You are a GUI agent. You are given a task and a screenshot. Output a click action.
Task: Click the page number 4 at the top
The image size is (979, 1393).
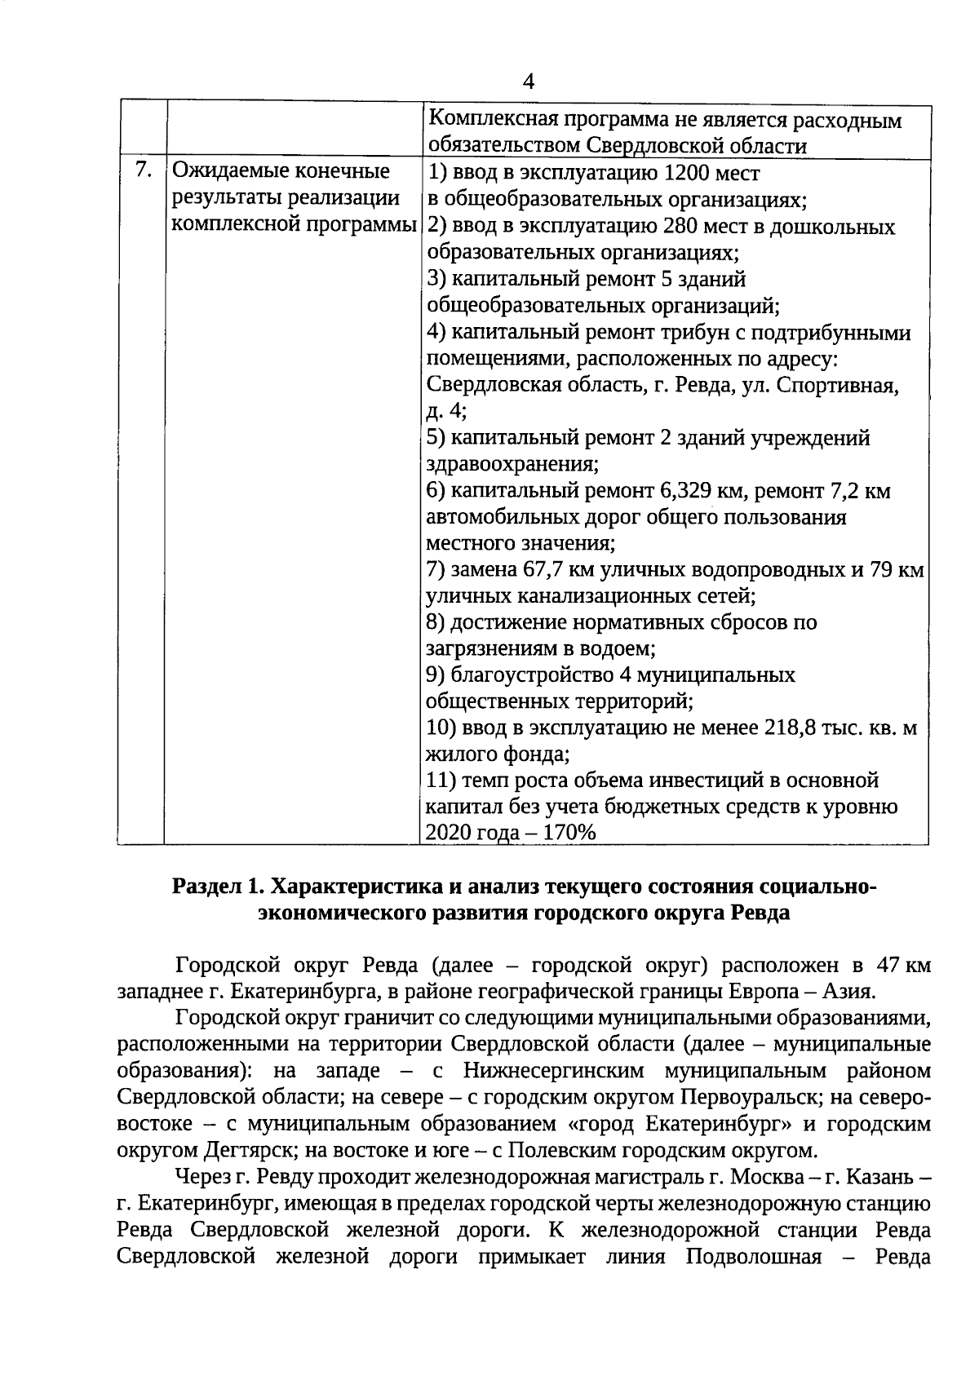click(529, 82)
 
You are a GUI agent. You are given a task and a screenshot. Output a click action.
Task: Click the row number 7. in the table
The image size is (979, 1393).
click(144, 172)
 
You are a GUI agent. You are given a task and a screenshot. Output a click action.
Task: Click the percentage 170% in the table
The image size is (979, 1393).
click(565, 833)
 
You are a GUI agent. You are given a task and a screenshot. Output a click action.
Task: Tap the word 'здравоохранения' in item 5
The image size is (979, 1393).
click(511, 465)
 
